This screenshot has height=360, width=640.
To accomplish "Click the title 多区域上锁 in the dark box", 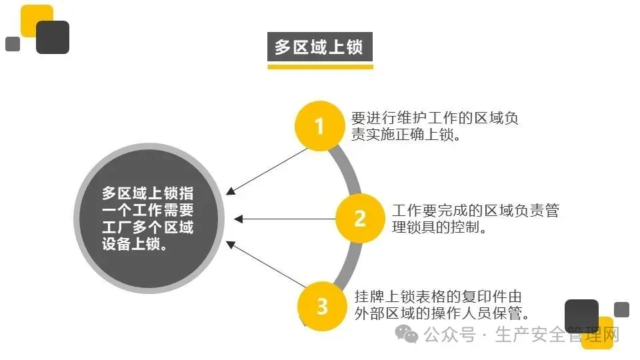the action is pyautogui.click(x=320, y=47).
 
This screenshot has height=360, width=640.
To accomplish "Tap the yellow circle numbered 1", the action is pyautogui.click(x=319, y=125).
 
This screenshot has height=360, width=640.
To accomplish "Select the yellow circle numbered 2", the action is pyautogui.click(x=359, y=218).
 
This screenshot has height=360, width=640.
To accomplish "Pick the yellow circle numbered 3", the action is pyautogui.click(x=322, y=306).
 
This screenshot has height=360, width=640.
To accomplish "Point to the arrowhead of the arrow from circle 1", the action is pyautogui.click(x=230, y=192).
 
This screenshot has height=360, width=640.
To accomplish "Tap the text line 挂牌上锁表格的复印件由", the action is pyautogui.click(x=438, y=297).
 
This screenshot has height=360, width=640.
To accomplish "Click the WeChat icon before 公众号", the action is pyautogui.click(x=406, y=333).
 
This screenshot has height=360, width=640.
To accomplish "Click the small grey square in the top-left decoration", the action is pyautogui.click(x=13, y=44).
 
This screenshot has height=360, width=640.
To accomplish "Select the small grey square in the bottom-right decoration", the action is pyautogui.click(x=621, y=309).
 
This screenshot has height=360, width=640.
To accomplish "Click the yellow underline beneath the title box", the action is pyautogui.click(x=320, y=66).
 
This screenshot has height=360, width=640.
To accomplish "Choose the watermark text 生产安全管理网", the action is pyautogui.click(x=557, y=334).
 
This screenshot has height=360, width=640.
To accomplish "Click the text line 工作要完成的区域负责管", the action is pyautogui.click(x=475, y=211).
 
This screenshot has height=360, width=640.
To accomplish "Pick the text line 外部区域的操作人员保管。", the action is pyautogui.click(x=442, y=313).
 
